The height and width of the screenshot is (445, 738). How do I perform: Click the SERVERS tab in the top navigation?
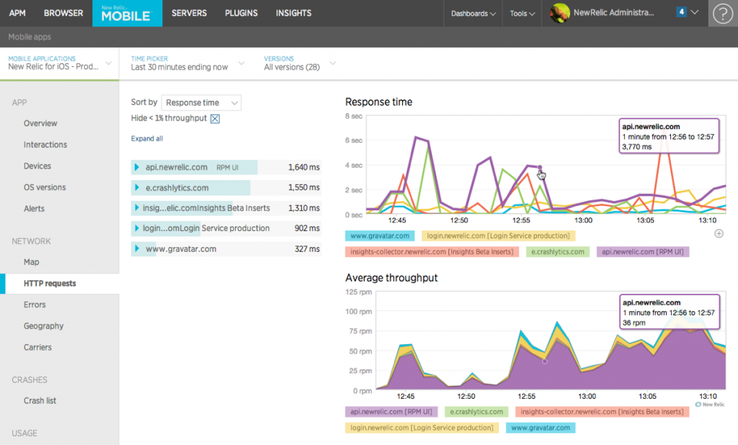click(x=189, y=13)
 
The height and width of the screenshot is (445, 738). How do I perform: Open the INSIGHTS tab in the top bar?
click(x=293, y=13)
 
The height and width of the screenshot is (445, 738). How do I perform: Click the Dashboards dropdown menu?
click(x=474, y=14)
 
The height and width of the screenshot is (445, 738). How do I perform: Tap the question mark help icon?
click(x=721, y=14)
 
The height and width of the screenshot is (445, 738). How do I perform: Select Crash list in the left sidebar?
click(x=40, y=400)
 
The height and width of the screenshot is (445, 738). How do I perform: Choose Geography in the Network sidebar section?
click(x=43, y=326)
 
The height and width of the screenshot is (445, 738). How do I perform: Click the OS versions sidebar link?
click(x=45, y=187)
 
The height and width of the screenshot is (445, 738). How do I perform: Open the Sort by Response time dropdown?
click(x=201, y=103)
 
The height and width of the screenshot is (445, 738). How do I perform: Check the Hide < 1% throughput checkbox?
click(x=215, y=119)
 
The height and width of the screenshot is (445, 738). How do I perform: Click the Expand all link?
click(x=147, y=139)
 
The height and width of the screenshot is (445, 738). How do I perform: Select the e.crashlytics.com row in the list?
click(x=177, y=188)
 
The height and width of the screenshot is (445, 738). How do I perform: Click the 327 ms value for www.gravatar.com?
click(x=306, y=249)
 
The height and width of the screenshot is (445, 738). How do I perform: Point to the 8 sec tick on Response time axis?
click(x=354, y=116)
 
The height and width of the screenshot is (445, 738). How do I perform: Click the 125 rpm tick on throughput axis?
click(x=358, y=292)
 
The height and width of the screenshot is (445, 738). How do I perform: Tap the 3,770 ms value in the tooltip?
click(x=636, y=147)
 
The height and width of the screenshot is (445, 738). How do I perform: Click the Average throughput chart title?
click(x=391, y=278)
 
